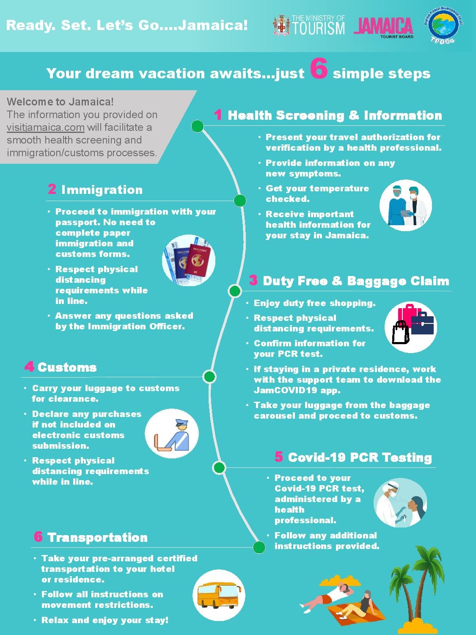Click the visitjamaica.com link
pyautogui.click(x=46, y=127)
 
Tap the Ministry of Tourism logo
pyautogui.click(x=309, y=25)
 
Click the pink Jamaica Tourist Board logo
pyautogui.click(x=383, y=28)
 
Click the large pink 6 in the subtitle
pyautogui.click(x=319, y=68)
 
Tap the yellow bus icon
pyautogui.click(x=219, y=595)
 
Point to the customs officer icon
pyautogui.click(x=172, y=433)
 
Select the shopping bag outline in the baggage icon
pyautogui.click(x=401, y=332)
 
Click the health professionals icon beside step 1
pyautogui.click(x=406, y=205)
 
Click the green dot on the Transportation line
pyautogui.click(x=259, y=547)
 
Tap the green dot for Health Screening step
pyautogui.click(x=198, y=126)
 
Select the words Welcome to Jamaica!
pyautogui.click(x=60, y=102)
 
